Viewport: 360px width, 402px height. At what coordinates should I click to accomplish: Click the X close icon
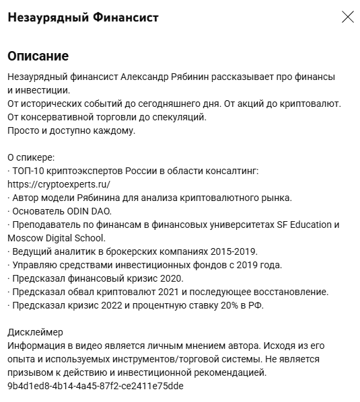(x=347, y=17)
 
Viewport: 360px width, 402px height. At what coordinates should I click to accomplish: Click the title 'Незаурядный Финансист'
(x=83, y=17)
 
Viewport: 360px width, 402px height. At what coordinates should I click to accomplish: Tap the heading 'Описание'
(x=38, y=56)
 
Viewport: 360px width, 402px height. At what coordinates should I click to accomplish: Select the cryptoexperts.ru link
(x=59, y=184)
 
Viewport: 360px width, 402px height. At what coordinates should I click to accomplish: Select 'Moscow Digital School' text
(x=55, y=237)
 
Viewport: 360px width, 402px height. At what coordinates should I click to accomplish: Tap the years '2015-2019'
(x=234, y=251)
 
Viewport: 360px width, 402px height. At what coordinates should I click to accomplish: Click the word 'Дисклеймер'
(x=35, y=331)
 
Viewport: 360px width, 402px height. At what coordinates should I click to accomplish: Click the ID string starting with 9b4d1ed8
(x=95, y=386)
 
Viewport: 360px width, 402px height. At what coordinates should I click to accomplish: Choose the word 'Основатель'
(x=37, y=210)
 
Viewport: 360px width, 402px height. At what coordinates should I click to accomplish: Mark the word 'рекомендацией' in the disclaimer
(x=233, y=372)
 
